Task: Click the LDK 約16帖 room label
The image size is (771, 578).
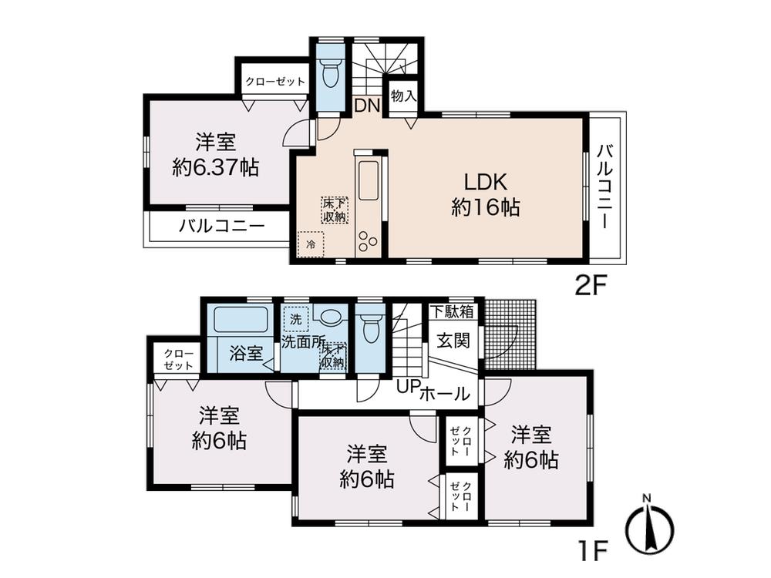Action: (484, 194)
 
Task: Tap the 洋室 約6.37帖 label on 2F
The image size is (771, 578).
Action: (215, 155)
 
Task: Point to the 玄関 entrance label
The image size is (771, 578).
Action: (453, 340)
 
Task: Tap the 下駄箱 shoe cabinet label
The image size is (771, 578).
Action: (452, 312)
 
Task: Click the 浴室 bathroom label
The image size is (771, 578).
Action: (246, 354)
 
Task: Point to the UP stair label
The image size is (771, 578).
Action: (406, 388)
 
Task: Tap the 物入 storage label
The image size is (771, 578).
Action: (403, 96)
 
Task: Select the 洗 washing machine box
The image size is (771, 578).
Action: (296, 318)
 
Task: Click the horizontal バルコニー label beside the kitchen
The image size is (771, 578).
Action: (222, 227)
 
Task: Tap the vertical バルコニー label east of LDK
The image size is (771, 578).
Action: (605, 187)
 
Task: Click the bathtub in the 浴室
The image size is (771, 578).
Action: (240, 320)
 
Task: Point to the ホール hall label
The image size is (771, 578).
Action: (445, 394)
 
